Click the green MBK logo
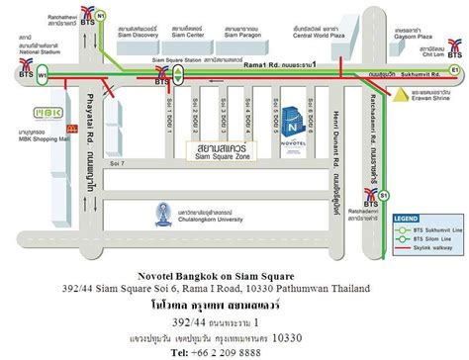click(x=47, y=112)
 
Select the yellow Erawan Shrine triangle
click(x=395, y=96)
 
